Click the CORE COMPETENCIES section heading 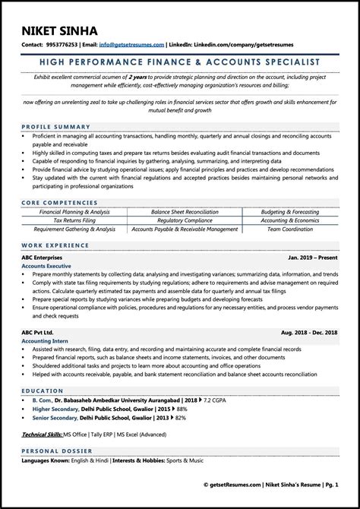pyautogui.click(x=61, y=204)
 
